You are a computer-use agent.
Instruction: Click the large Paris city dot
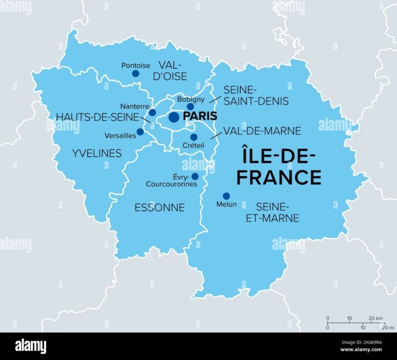click(x=174, y=117)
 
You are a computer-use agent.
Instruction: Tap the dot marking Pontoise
click(x=136, y=74)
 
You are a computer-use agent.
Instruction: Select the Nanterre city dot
click(x=152, y=112)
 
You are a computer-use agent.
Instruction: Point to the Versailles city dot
click(x=140, y=132)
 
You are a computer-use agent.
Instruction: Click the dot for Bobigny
click(x=191, y=107)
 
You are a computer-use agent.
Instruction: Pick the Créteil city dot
click(x=194, y=137)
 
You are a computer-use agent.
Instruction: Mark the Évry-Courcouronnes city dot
click(x=195, y=176)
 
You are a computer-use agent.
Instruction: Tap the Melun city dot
click(x=226, y=196)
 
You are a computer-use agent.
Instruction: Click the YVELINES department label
click(x=96, y=154)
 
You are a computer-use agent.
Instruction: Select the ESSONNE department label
click(x=159, y=208)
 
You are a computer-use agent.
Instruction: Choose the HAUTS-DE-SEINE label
click(x=97, y=116)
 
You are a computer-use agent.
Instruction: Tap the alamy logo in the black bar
click(x=31, y=346)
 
